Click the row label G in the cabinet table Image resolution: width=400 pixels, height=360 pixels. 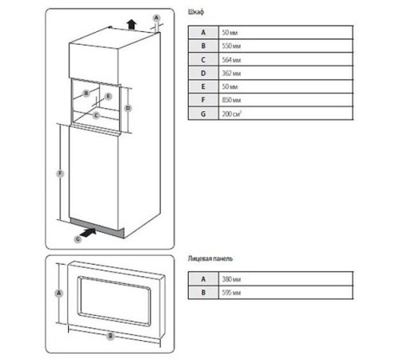[203, 115]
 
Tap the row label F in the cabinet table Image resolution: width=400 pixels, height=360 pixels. [203, 102]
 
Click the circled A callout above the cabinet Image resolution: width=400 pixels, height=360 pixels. [156, 17]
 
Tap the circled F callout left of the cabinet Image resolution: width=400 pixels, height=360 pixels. [59, 173]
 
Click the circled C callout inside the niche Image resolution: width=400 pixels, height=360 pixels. [96, 114]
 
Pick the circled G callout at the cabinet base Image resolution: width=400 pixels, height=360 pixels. [78, 238]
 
